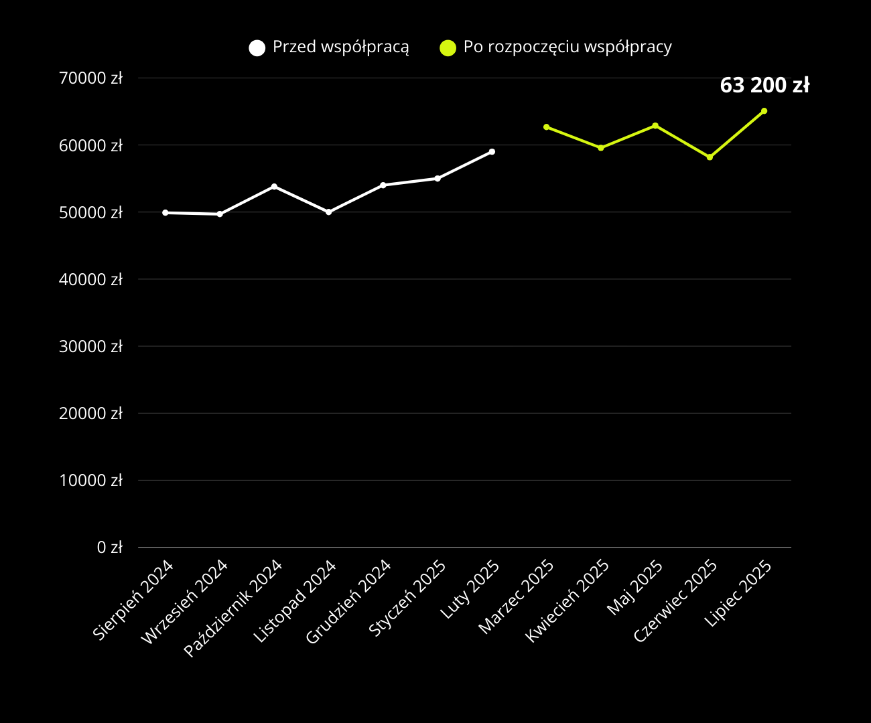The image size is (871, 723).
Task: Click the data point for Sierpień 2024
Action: tap(165, 213)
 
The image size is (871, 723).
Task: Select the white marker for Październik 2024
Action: tap(274, 186)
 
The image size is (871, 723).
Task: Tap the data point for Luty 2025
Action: tap(492, 152)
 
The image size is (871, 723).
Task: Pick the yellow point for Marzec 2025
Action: tap(546, 127)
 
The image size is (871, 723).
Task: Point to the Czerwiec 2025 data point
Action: tap(710, 157)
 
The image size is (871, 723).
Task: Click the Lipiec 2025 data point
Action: tap(764, 111)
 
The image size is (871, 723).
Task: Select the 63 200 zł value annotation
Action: tap(764, 86)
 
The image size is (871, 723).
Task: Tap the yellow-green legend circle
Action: tap(448, 48)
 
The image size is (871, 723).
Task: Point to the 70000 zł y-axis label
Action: tap(91, 78)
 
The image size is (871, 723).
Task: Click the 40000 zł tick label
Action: tap(91, 279)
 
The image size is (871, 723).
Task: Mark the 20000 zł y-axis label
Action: tap(91, 414)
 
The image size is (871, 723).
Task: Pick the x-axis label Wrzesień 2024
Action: tap(186, 601)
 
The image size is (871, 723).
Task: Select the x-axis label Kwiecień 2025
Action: tap(568, 600)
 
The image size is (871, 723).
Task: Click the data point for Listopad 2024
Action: tap(328, 212)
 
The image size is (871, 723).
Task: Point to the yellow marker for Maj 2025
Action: tap(655, 126)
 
